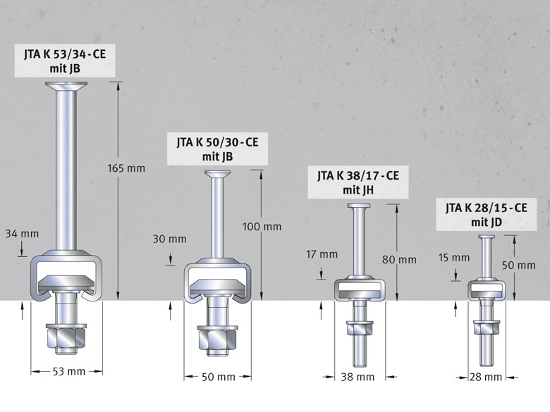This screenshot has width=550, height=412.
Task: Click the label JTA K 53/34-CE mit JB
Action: (x=65, y=61)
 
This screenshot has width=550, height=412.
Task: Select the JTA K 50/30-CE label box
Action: (x=217, y=149)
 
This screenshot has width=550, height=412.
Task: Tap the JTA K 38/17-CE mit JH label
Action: (x=358, y=182)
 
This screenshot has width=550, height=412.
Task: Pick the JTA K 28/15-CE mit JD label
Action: (x=486, y=214)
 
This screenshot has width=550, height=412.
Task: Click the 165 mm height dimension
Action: (x=126, y=168)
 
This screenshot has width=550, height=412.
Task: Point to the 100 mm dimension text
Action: (x=262, y=227)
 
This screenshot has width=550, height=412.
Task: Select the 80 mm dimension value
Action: (x=400, y=260)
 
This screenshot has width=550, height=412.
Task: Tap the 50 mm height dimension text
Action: (x=518, y=266)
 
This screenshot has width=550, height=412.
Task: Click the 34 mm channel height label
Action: (x=22, y=234)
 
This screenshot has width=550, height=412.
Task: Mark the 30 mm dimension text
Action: (x=169, y=239)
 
